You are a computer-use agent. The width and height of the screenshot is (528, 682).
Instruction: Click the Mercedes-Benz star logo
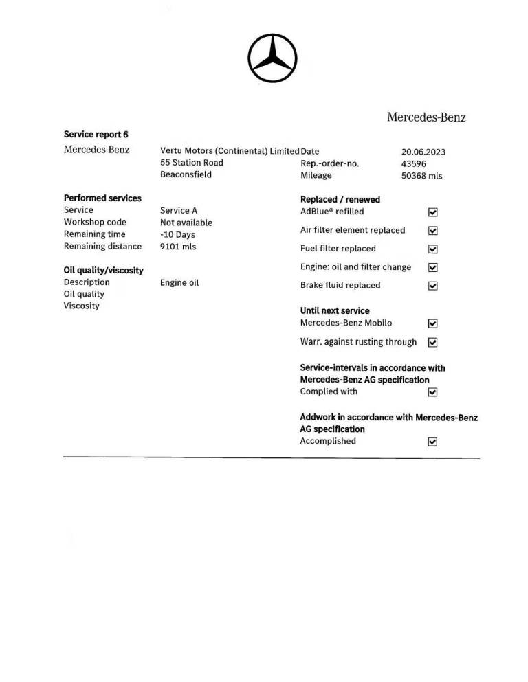point(273,58)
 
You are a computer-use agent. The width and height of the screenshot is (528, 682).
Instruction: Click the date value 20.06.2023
point(423,152)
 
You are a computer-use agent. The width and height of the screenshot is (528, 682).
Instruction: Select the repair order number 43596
point(414,163)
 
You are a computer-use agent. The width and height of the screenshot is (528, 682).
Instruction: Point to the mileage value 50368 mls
point(422,176)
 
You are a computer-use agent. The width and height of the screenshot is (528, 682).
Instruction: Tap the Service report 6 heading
point(96,135)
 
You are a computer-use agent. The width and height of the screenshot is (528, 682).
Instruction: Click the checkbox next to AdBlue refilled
point(433,213)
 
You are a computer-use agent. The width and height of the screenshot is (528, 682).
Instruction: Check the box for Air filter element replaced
point(433,231)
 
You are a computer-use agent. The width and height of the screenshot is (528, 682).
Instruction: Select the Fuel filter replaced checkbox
point(433,249)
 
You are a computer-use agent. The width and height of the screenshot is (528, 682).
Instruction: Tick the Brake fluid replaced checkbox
point(433,286)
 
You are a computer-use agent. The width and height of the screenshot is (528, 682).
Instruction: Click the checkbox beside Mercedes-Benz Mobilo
point(433,323)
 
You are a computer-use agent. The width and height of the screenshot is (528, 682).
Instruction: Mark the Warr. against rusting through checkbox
point(433,342)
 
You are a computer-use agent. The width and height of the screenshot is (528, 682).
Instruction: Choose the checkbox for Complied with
point(433,393)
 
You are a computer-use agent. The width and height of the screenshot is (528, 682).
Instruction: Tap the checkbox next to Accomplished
point(433,442)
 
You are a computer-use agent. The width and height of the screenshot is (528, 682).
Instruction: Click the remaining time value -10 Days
point(177,235)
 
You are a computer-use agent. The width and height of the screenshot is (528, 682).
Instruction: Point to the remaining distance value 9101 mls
point(178,247)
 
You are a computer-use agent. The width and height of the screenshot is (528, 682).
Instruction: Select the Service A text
point(179,211)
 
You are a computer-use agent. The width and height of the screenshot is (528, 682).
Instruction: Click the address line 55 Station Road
point(192,163)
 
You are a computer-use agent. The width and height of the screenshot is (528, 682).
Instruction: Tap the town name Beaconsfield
point(186,174)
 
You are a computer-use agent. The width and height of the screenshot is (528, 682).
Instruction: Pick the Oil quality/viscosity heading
point(103,271)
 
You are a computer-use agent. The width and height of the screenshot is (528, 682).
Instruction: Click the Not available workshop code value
point(186,223)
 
